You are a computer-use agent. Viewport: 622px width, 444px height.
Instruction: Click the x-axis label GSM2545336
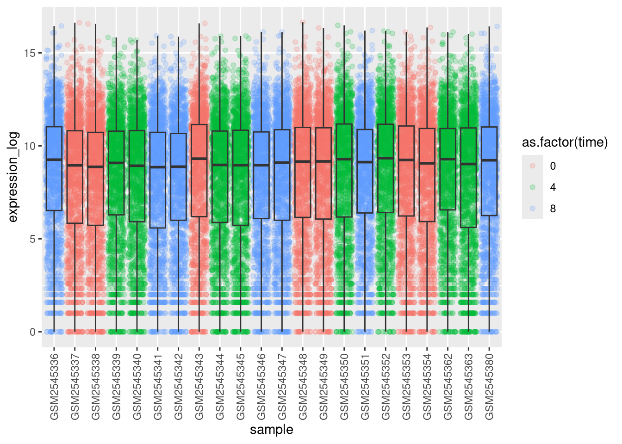click(x=54, y=387)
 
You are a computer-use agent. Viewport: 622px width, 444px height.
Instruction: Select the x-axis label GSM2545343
click(x=199, y=387)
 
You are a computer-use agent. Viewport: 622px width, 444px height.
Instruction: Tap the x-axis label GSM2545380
click(x=490, y=387)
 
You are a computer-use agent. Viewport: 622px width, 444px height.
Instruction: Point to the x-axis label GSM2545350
click(x=344, y=387)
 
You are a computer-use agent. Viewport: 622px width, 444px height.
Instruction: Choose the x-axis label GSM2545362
click(x=448, y=387)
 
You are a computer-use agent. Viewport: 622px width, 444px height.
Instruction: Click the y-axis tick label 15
click(x=30, y=53)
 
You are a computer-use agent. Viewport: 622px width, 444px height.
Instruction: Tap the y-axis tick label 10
click(x=30, y=146)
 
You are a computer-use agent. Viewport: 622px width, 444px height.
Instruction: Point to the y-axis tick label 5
click(x=32, y=239)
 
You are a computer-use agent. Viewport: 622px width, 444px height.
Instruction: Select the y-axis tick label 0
click(x=32, y=332)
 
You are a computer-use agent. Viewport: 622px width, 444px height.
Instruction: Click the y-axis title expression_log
click(x=13, y=177)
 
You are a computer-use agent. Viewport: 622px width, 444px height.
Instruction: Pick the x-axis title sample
click(x=272, y=430)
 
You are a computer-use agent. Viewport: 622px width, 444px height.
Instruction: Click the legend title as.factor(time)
click(x=565, y=142)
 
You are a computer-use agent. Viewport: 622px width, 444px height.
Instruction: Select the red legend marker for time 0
click(x=533, y=166)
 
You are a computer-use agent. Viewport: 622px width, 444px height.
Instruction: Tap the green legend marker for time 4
click(x=533, y=187)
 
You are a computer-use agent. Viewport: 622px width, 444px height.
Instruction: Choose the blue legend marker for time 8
click(x=533, y=209)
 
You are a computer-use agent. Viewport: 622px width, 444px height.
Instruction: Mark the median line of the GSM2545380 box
click(x=490, y=160)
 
